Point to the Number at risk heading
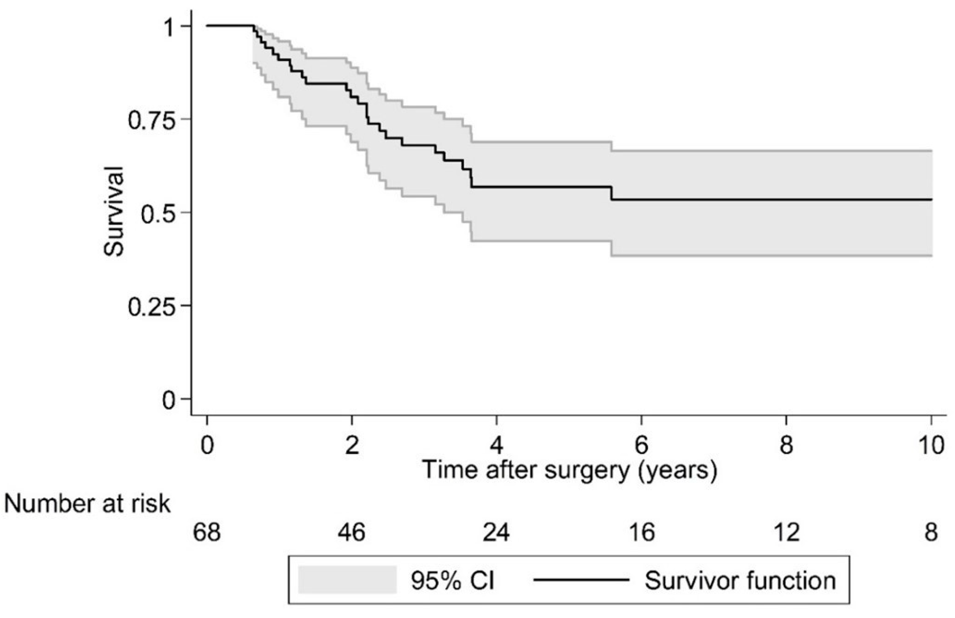(x=87, y=504)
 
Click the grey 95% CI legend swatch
(x=347, y=580)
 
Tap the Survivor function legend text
(x=740, y=581)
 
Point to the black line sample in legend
(x=581, y=580)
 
